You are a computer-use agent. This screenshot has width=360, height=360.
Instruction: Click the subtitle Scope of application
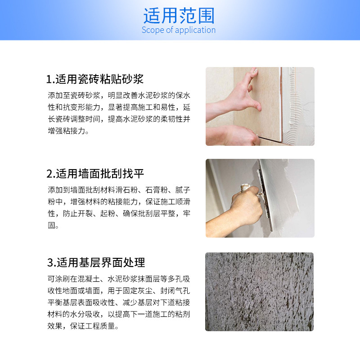click(179, 30)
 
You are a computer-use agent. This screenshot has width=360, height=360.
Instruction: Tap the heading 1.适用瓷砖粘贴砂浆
click(95, 80)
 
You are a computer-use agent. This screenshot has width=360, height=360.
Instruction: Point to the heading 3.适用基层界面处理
click(95, 262)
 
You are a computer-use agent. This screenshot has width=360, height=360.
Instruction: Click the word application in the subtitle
click(194, 30)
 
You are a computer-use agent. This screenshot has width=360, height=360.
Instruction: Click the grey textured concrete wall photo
click(260, 292)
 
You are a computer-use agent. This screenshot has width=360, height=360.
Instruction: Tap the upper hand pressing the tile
click(238, 92)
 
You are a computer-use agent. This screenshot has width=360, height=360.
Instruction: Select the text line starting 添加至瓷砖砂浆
click(119, 96)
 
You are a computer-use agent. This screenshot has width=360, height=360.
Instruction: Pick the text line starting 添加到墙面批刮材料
click(119, 189)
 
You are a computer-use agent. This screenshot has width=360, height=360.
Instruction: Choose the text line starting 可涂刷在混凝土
click(119, 279)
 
